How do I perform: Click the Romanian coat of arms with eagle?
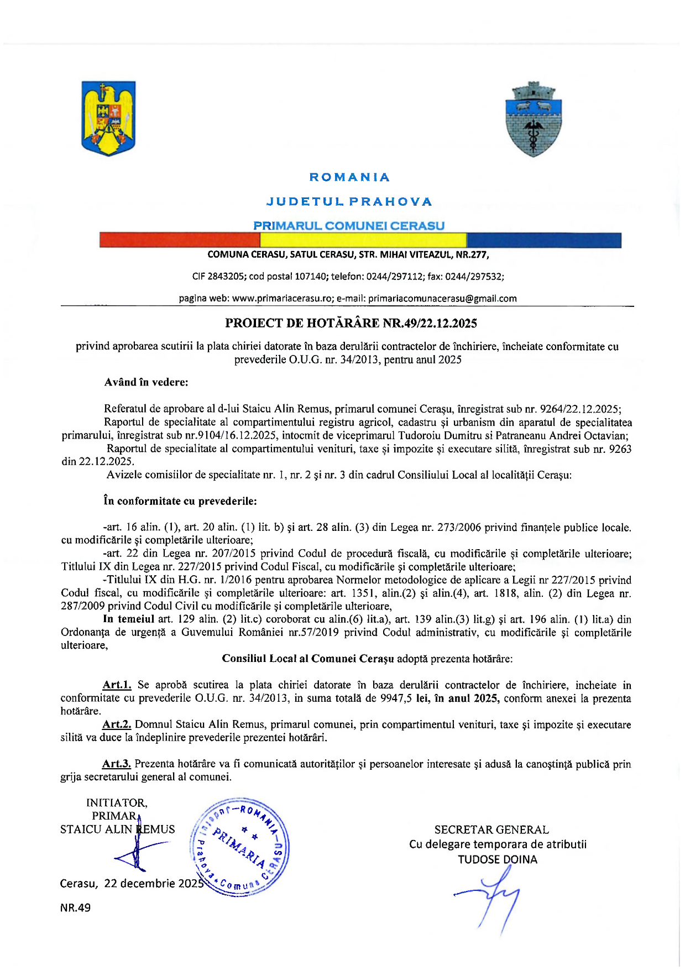click(x=108, y=118)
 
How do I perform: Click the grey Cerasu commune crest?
click(x=534, y=119)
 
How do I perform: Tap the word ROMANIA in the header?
click(x=349, y=178)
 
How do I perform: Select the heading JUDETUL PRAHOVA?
click(x=349, y=202)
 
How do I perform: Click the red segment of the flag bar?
click(x=179, y=240)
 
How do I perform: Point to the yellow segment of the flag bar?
click(x=363, y=240)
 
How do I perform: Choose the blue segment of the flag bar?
click(x=543, y=240)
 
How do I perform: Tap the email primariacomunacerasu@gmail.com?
click(x=442, y=299)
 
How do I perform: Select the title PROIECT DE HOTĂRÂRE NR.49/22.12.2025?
click(x=351, y=324)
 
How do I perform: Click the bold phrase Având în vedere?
click(x=146, y=382)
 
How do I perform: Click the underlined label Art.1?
click(x=117, y=685)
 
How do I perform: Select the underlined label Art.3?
click(x=116, y=764)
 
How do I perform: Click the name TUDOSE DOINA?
click(x=498, y=859)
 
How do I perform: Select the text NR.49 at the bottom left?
click(x=75, y=908)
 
